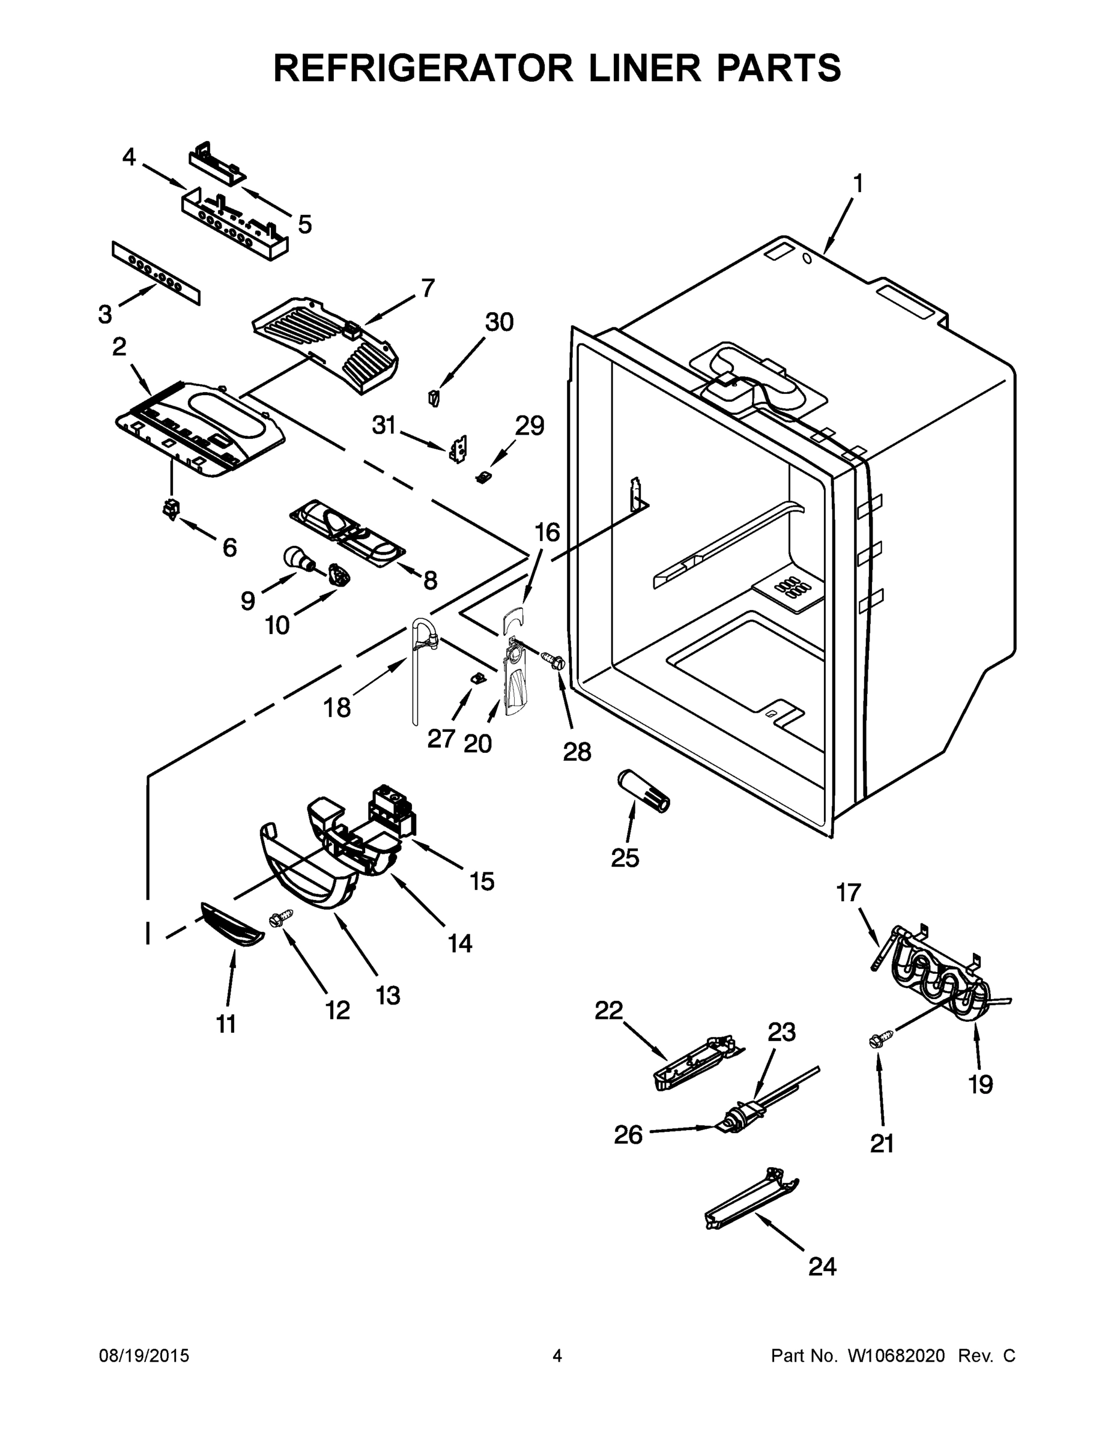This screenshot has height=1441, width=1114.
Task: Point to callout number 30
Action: coord(499,322)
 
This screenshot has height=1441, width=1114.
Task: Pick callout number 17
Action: coord(849,893)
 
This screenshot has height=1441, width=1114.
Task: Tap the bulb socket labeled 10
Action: coord(339,575)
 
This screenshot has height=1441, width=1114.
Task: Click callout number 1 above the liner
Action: coord(858,183)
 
